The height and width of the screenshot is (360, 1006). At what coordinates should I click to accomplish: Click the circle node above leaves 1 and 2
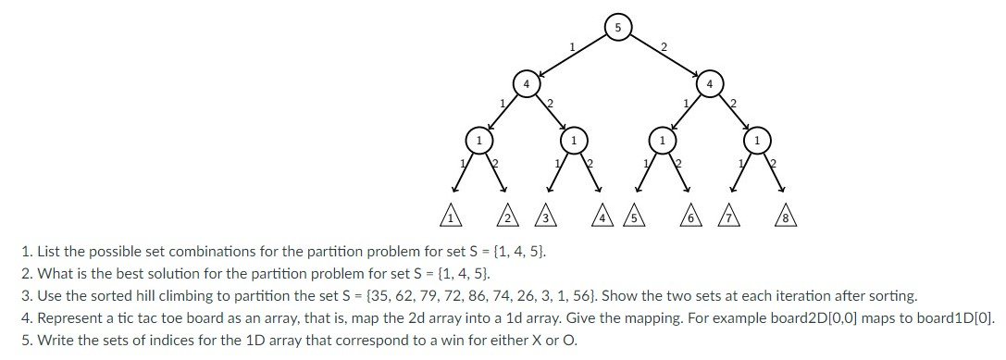click(x=478, y=141)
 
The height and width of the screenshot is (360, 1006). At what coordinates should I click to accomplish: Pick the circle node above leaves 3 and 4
click(x=574, y=141)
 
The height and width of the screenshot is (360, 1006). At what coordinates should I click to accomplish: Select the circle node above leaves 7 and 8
click(x=757, y=141)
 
